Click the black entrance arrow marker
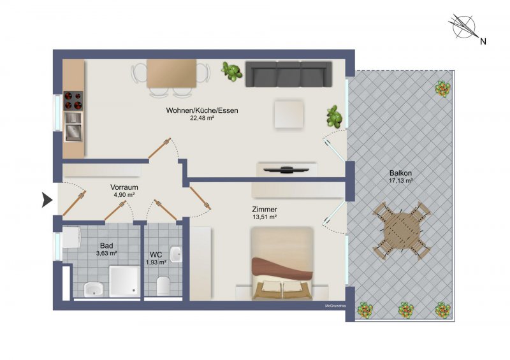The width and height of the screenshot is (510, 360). click(47, 199)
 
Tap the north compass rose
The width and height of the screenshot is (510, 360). click(463, 27)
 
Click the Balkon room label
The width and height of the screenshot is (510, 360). click(401, 173)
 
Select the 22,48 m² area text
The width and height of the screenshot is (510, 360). click(202, 118)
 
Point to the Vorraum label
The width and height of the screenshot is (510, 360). click(124, 187)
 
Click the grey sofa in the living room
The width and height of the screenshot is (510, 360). click(289, 74)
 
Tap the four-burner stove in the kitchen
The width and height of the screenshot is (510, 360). click(73, 101)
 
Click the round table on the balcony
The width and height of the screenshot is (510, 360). click(402, 230)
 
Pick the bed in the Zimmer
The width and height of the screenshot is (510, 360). click(282, 263)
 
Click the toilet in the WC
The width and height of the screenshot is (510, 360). click(163, 285)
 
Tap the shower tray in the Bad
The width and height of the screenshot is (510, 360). click(124, 281)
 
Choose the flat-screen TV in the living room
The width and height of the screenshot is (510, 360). click(286, 169)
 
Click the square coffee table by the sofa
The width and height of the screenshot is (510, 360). click(289, 115)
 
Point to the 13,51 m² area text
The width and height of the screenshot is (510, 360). click(265, 217)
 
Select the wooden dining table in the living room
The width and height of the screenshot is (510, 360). click(171, 73)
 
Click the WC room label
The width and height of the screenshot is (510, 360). click(156, 255)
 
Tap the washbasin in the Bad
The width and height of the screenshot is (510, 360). click(94, 289)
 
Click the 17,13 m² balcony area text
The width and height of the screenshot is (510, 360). click(401, 181)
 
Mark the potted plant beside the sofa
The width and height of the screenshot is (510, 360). click(231, 71)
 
